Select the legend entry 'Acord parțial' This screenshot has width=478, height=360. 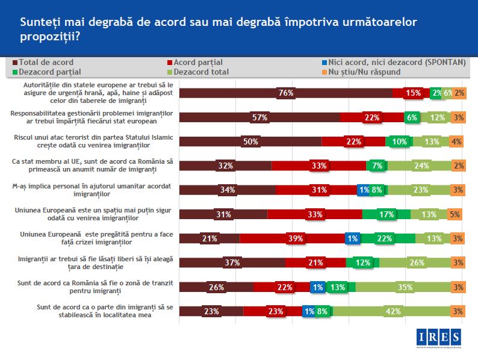(199, 62)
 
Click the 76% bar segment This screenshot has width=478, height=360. (286, 93)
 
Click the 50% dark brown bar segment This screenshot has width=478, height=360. (250, 141)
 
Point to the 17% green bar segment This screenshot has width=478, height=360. (386, 214)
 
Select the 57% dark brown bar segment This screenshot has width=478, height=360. (260, 117)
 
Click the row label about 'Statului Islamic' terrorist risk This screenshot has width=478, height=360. (93, 141)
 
